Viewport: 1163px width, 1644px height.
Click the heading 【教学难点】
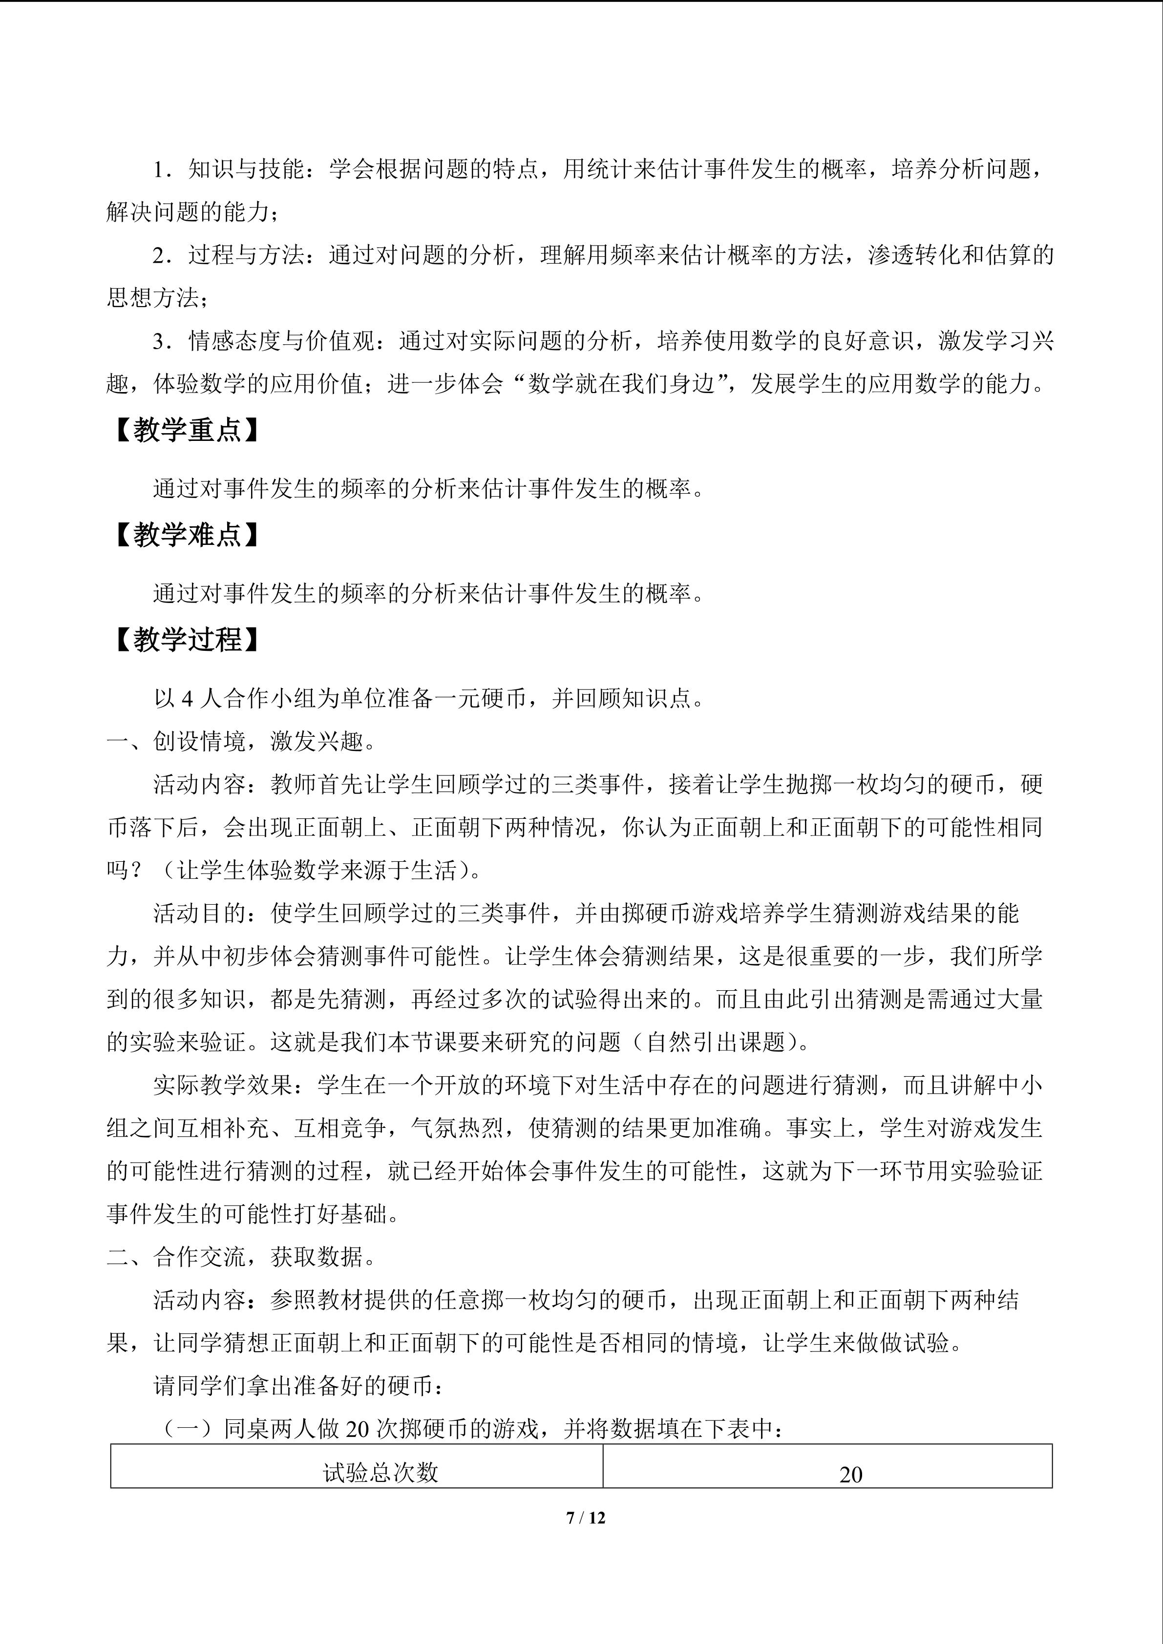tap(186, 535)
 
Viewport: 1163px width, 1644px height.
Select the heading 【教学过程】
tap(186, 640)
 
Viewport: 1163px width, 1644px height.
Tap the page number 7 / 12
tap(585, 1517)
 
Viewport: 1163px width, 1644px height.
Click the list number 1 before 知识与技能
tap(159, 170)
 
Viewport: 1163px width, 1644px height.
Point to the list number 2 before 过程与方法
tap(159, 256)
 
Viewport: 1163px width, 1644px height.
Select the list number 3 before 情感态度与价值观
tap(159, 342)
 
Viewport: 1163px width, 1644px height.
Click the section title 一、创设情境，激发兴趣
tap(241, 742)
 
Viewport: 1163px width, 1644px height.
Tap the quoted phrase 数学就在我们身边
tap(622, 384)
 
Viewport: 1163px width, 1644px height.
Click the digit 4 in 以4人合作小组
tap(187, 699)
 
